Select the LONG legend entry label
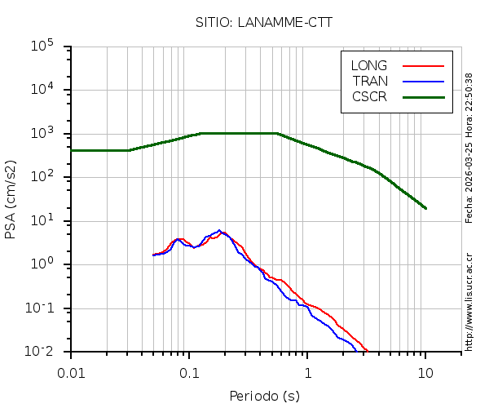point(369,65)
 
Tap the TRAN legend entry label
point(370,81)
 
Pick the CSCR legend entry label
point(369,96)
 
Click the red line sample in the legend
point(423,65)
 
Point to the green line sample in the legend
point(423,96)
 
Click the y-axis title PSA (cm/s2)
point(11,200)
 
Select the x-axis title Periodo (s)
point(264,397)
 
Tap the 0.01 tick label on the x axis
point(71,372)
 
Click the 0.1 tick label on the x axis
point(189,372)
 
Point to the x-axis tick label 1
point(308,372)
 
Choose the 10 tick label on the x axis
point(425,372)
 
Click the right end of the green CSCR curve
point(425,208)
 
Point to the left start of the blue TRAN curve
point(153,255)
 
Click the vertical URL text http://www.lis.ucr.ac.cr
point(469,302)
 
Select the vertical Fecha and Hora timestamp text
point(469,148)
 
